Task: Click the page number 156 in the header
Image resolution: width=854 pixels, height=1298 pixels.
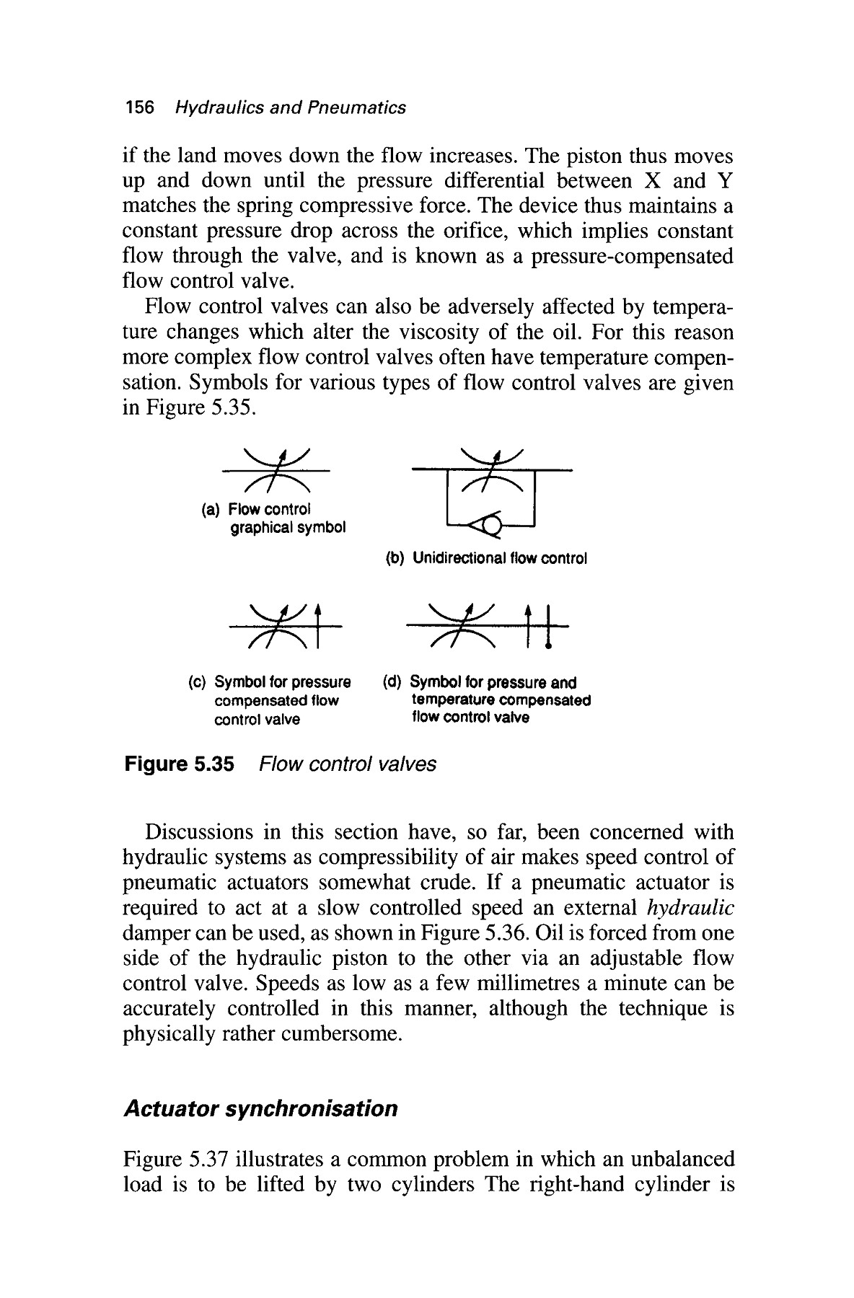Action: [139, 108]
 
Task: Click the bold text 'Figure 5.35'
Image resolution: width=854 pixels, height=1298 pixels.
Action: [180, 764]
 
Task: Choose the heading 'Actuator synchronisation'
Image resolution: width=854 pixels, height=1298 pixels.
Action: [260, 1108]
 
